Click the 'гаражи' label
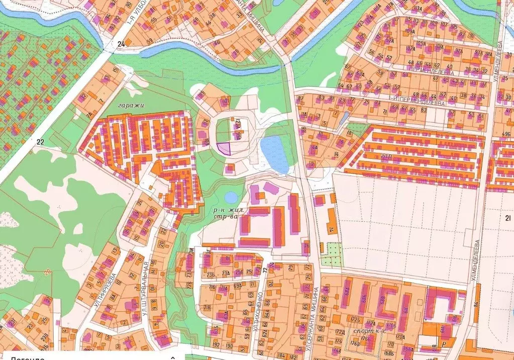tap(131, 106)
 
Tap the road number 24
tap(121, 44)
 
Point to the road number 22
tap(40, 142)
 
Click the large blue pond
tap(274, 153)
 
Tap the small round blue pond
tap(231, 197)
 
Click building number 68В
tap(383, 301)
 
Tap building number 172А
tap(340, 332)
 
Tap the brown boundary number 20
tap(47, 272)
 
